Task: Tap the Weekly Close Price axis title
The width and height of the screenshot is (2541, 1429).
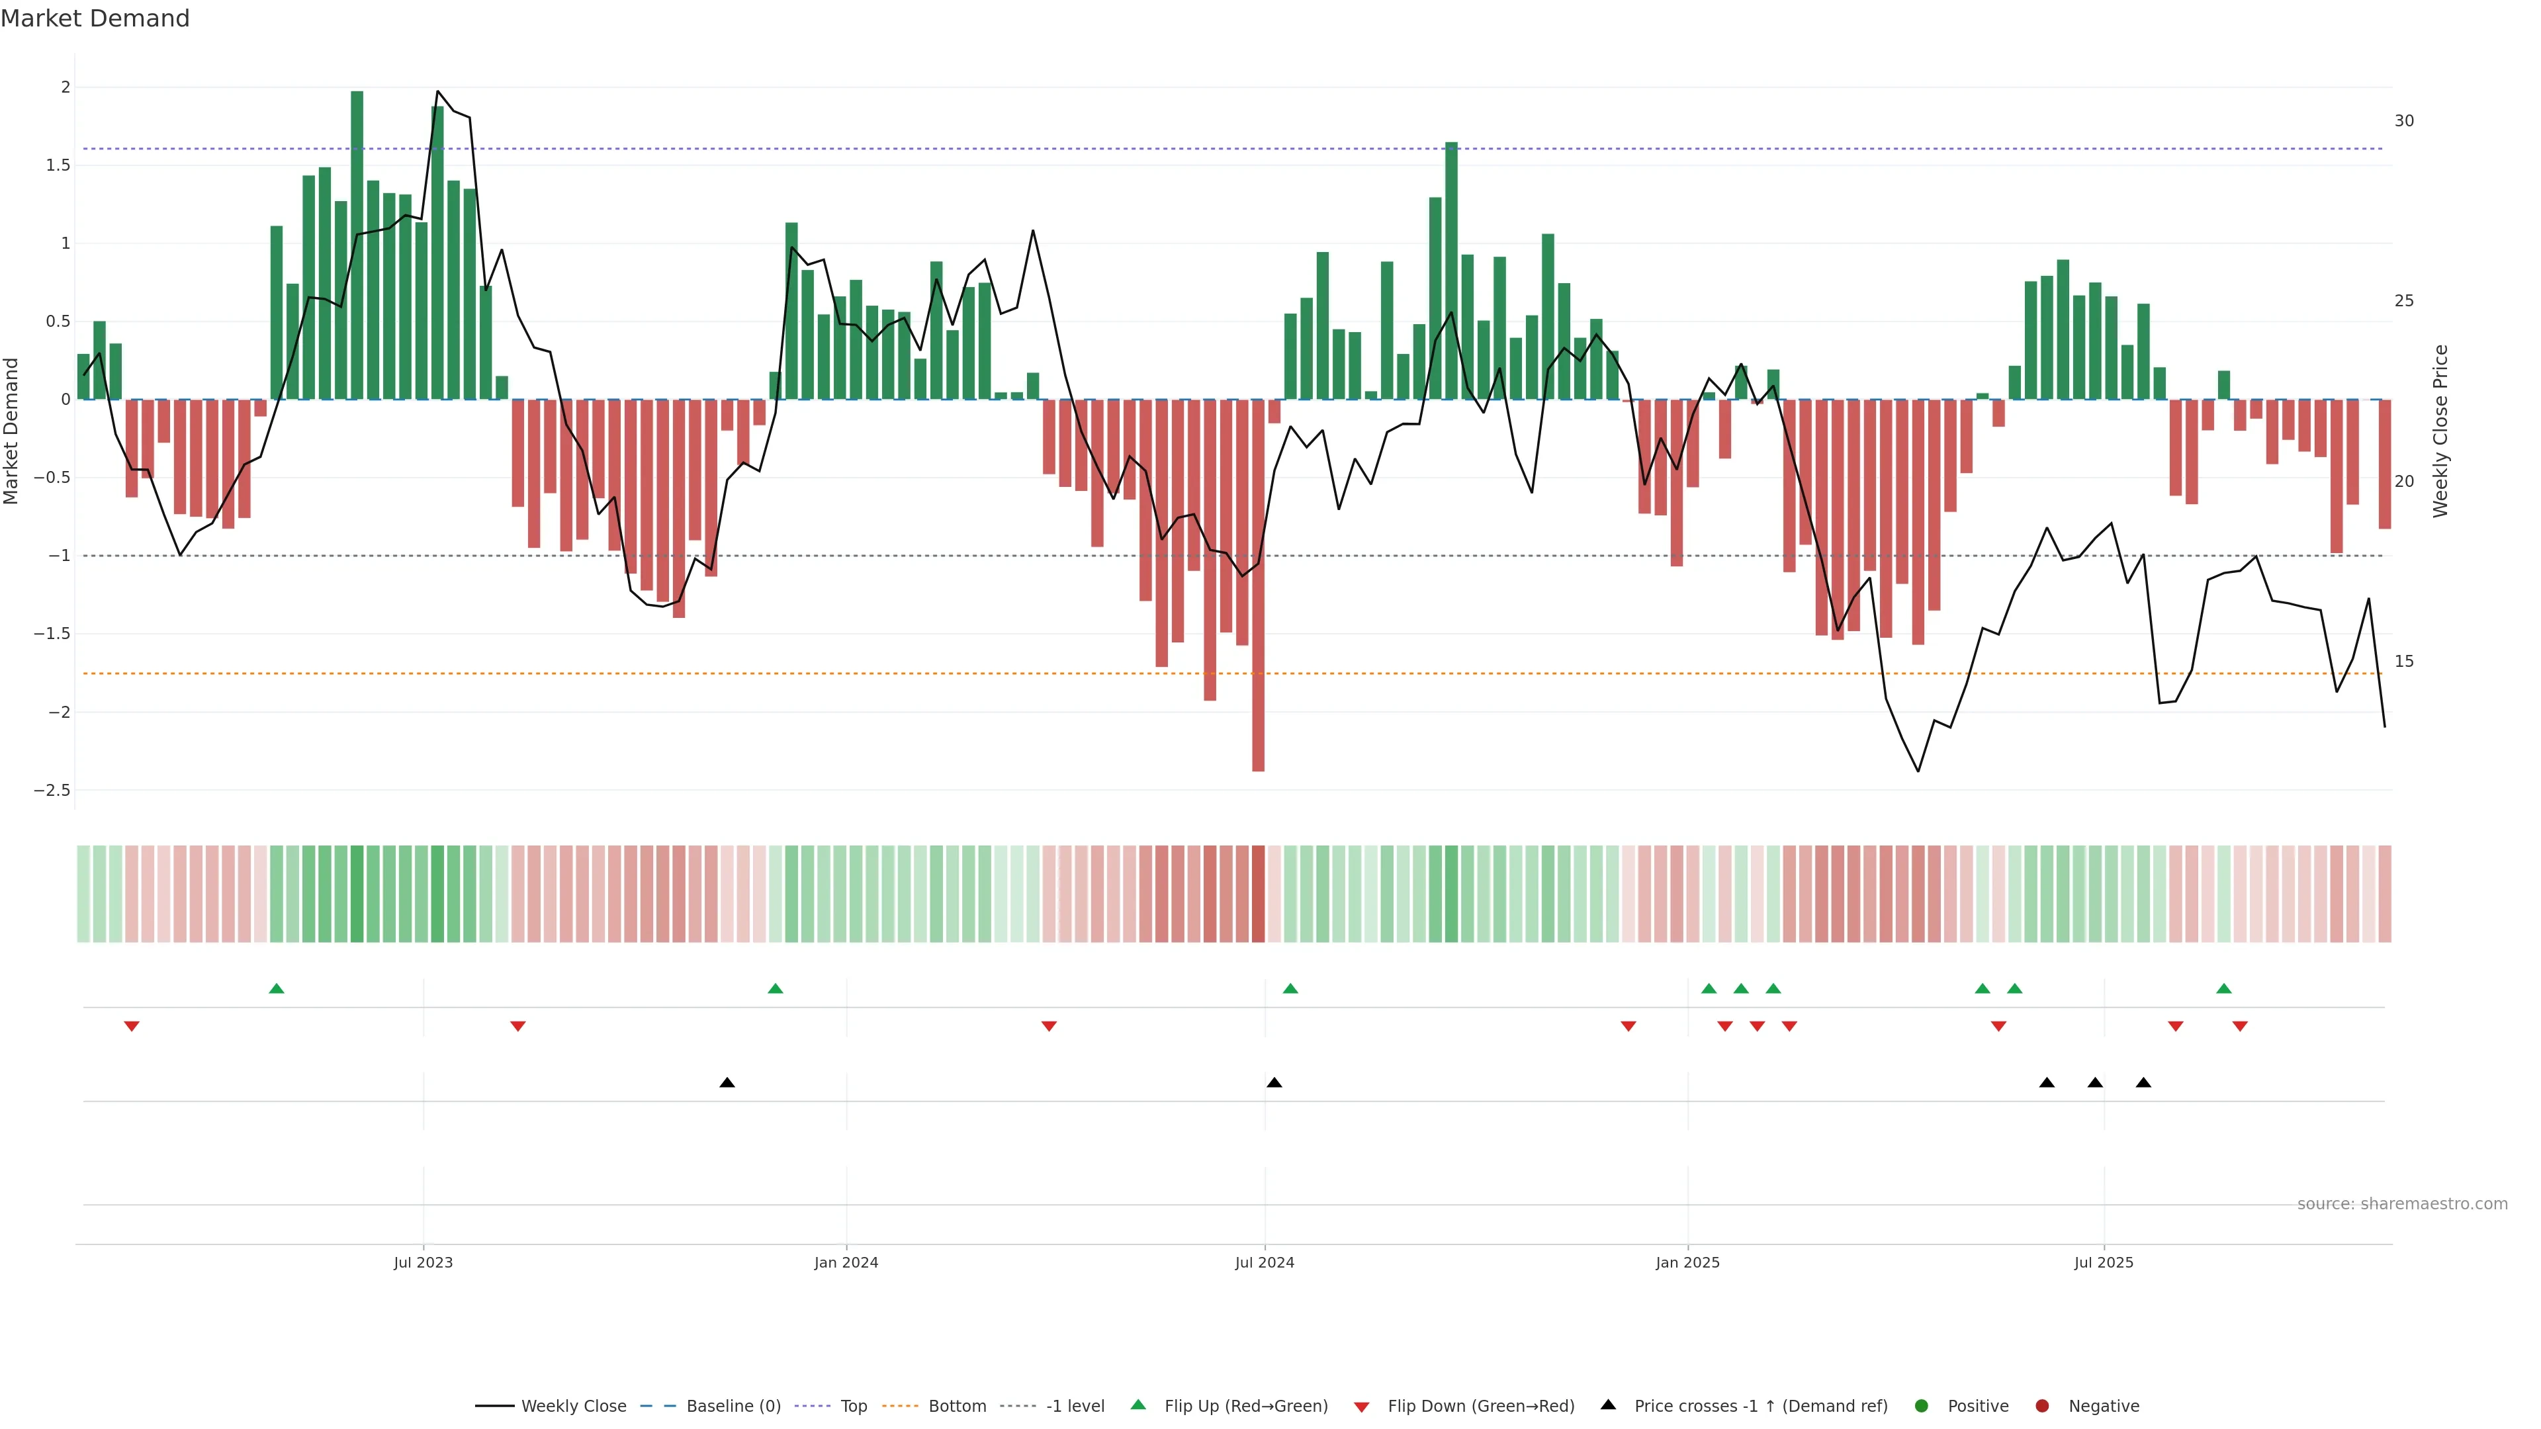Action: pyautogui.click(x=2440, y=431)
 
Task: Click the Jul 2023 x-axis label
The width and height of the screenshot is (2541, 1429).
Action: pyautogui.click(x=423, y=1262)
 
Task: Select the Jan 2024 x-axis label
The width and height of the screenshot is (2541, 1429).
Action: pyautogui.click(x=846, y=1262)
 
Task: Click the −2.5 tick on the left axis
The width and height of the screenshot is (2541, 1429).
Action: pyautogui.click(x=52, y=790)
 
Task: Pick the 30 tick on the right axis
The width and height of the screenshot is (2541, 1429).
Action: pyautogui.click(x=2404, y=120)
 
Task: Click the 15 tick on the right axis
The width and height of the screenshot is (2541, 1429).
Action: pyautogui.click(x=2404, y=661)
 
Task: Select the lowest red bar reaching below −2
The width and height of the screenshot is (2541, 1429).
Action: pyautogui.click(x=1258, y=591)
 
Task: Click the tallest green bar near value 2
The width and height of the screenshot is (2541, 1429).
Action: pyautogui.click(x=357, y=247)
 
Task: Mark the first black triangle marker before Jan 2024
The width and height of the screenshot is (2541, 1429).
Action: pyautogui.click(x=727, y=1083)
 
